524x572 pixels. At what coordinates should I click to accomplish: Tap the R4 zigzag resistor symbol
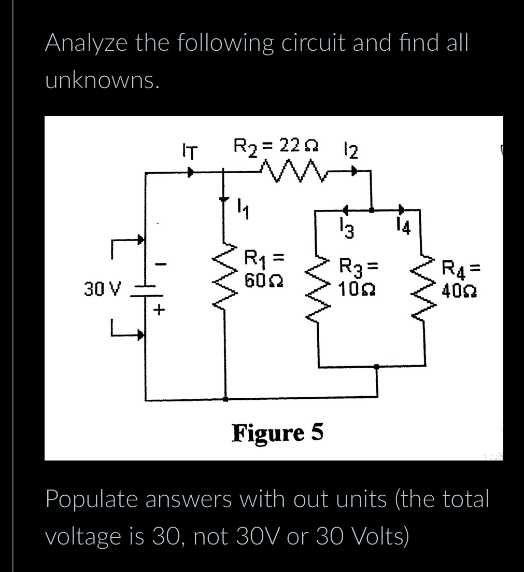click(x=420, y=284)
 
